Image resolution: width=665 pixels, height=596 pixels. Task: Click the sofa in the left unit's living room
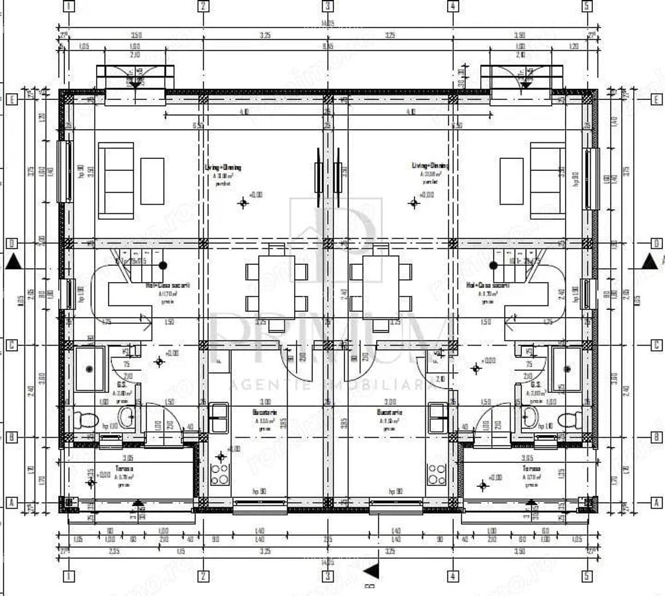point(116,180)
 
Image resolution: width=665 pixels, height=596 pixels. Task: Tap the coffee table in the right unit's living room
point(511,181)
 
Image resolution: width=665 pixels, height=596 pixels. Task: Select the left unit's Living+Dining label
point(224,168)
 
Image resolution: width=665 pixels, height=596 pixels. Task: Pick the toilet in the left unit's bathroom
point(86,419)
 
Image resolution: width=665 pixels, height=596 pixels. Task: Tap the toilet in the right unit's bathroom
point(569,419)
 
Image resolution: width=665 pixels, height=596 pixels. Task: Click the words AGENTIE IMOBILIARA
point(331,384)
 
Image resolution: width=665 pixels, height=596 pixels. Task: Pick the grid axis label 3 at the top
point(327,6)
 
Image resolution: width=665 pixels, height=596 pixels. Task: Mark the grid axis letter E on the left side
point(11,100)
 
